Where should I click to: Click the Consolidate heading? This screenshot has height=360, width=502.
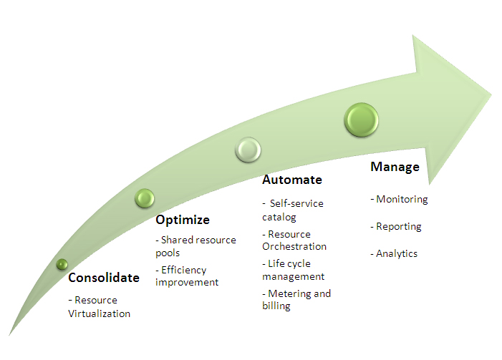[x=103, y=278]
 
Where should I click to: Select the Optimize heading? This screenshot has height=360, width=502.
[x=183, y=219]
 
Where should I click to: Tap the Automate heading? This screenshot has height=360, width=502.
[x=291, y=180]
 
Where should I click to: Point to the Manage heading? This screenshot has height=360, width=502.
[x=395, y=167]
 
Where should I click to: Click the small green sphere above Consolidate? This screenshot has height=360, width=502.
[x=62, y=264]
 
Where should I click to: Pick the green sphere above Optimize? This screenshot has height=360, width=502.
[x=145, y=198]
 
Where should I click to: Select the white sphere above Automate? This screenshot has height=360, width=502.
[x=248, y=150]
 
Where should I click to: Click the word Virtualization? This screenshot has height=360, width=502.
[x=100, y=313]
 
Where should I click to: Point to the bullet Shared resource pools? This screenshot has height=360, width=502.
[x=195, y=245]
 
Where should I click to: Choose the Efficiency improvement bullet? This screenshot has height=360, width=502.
[x=187, y=276]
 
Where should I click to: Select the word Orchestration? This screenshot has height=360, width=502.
[x=294, y=246]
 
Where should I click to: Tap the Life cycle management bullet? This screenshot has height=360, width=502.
[x=294, y=270]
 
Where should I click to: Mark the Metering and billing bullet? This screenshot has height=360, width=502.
[x=296, y=299]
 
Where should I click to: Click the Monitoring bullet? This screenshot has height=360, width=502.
[x=399, y=199]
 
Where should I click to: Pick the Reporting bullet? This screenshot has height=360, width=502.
[x=396, y=226]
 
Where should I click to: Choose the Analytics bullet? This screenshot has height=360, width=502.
[x=394, y=253]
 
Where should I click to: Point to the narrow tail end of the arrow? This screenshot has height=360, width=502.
[x=13, y=332]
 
